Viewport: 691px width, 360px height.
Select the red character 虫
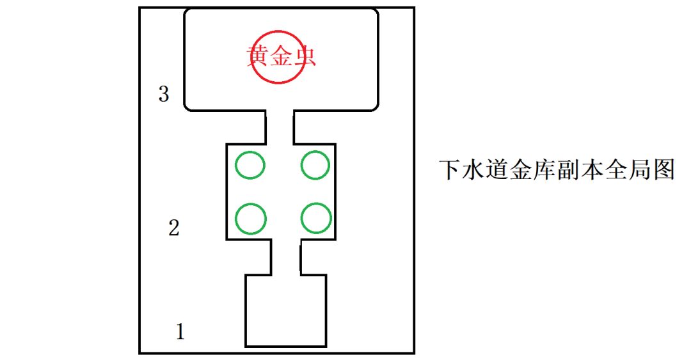tap(305, 56)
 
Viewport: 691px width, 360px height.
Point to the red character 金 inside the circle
tap(281, 56)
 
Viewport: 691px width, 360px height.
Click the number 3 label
tap(164, 94)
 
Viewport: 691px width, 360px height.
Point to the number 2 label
tap(174, 228)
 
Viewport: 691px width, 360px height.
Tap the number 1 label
tap(180, 331)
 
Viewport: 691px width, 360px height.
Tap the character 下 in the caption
tap(450, 169)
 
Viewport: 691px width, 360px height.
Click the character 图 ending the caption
tap(664, 169)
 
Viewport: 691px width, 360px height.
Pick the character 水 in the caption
tap(473, 169)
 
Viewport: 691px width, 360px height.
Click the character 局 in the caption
tap(640, 169)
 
